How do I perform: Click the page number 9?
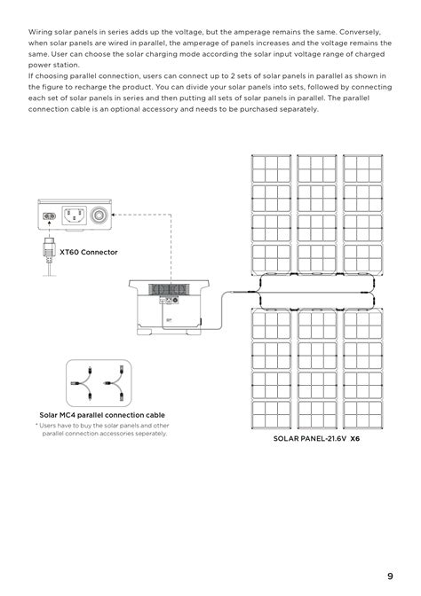tap(390, 574)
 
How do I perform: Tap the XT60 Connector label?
tap(88, 252)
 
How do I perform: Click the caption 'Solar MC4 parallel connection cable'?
tap(101, 414)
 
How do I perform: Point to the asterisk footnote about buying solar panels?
tap(101, 429)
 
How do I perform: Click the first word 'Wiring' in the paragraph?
tap(42, 30)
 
